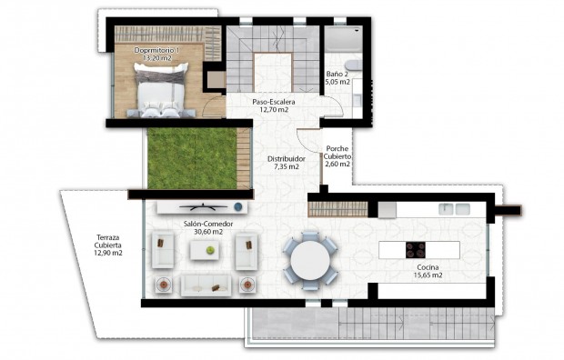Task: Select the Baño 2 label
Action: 337,74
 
